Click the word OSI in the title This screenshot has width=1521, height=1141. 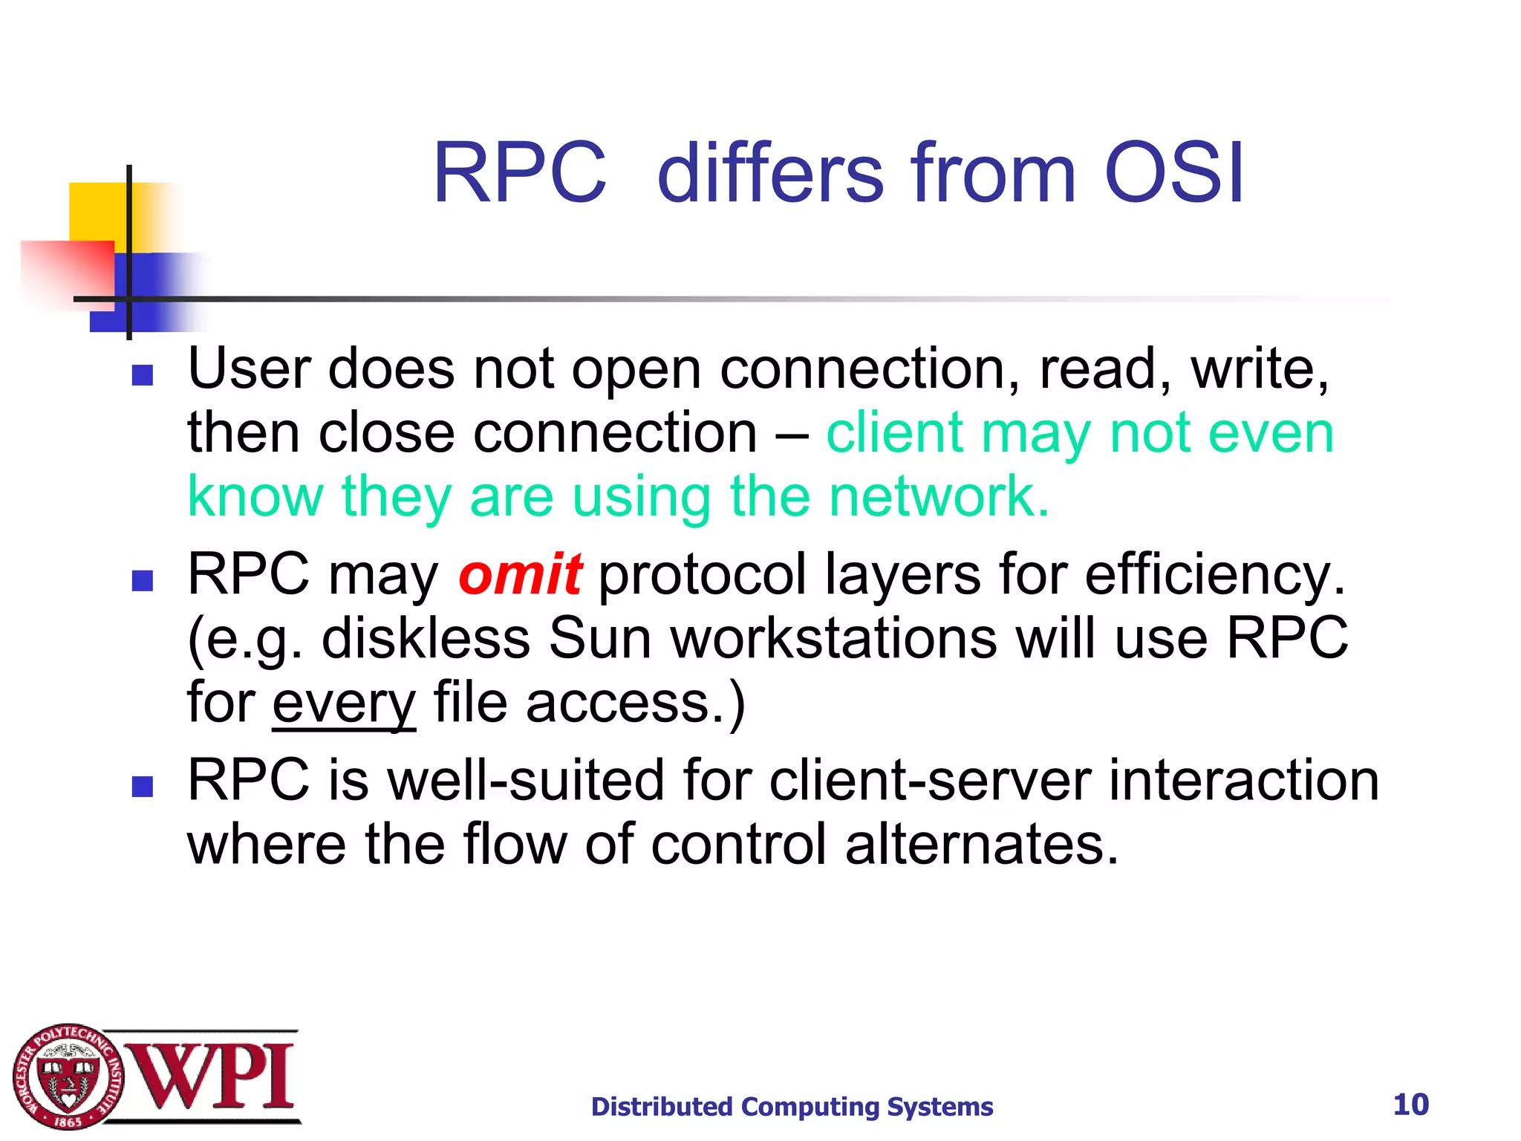(1173, 173)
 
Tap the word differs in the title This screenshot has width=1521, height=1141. (770, 173)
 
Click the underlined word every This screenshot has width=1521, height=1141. (344, 703)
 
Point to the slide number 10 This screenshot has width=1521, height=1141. (1410, 1105)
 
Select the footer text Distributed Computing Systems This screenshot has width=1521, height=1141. (792, 1107)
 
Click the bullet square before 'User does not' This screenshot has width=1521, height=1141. (142, 375)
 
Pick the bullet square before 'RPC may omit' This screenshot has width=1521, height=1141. (142, 580)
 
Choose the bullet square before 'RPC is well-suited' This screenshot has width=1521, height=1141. (142, 786)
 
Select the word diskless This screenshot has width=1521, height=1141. (426, 638)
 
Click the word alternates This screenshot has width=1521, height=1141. (981, 845)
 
